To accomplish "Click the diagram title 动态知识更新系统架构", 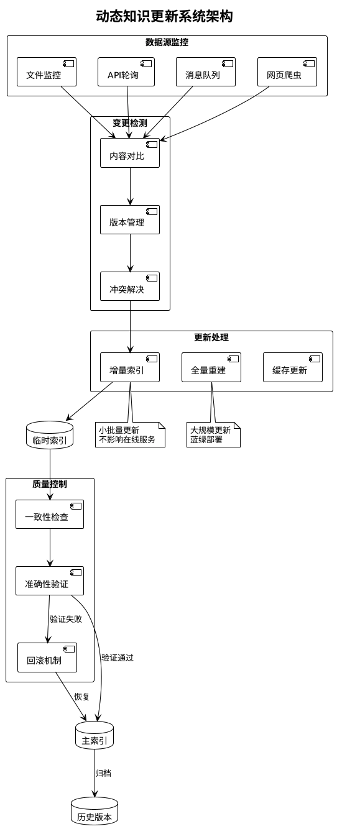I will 164,17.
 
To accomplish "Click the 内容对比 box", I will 130,153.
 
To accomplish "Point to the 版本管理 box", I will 130,220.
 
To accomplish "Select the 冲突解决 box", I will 130,286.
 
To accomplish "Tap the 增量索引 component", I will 130,367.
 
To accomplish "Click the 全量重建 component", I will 211,367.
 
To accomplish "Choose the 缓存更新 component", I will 292,367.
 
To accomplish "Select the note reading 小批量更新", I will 130,434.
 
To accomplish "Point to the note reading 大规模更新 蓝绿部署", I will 213,434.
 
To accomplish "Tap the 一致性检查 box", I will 50,515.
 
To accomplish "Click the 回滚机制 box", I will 47,658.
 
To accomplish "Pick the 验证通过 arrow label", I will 118,658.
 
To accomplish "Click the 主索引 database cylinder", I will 95,736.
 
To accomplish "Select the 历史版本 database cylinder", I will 95,812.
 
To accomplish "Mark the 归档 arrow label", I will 103,773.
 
